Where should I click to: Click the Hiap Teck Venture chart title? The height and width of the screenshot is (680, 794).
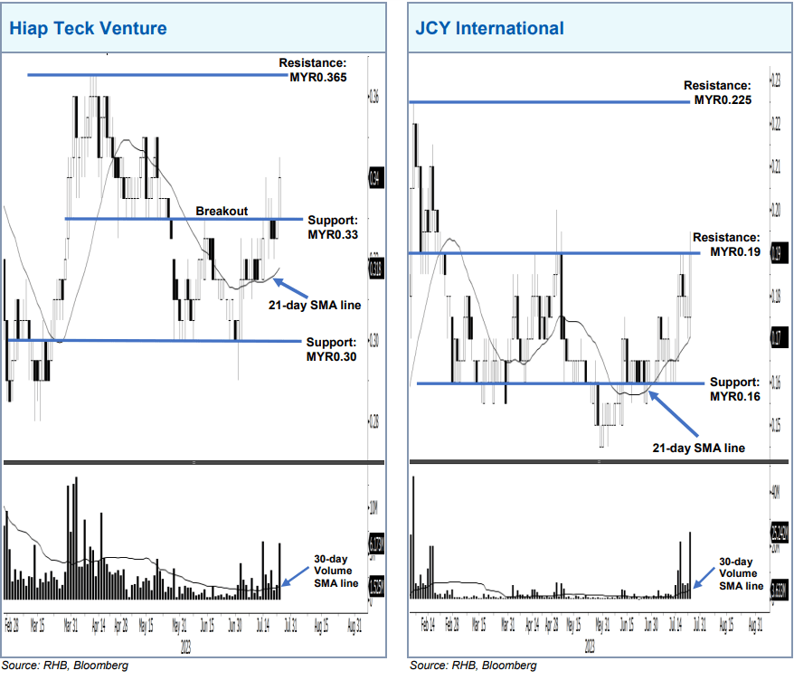[x=88, y=28]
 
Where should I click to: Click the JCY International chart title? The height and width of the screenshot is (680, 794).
[x=489, y=28]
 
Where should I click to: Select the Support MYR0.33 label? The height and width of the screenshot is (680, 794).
[x=333, y=227]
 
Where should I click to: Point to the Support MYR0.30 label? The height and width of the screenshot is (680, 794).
[x=332, y=349]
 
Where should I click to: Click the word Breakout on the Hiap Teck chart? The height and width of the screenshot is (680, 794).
[x=222, y=211]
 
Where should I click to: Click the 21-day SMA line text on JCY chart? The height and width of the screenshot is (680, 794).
[x=699, y=448]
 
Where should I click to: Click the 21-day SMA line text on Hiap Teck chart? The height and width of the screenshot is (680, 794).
[x=315, y=305]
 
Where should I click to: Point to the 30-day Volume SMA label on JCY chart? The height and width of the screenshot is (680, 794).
[x=739, y=573]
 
